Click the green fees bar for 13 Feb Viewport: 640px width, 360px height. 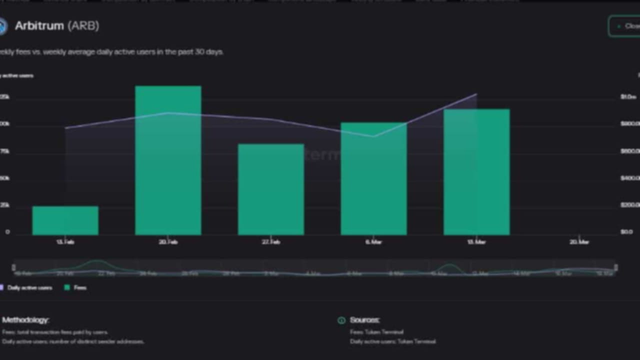pos(65,220)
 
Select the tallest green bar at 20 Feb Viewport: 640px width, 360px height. pos(168,160)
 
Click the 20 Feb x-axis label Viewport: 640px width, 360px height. pos(168,242)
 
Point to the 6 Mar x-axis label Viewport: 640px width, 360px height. pos(373,242)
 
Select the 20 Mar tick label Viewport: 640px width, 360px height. pos(579,242)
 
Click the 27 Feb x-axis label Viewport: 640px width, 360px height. pos(270,242)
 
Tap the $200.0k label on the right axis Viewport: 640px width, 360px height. pos(629,205)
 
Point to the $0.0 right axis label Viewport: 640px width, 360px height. pos(626,232)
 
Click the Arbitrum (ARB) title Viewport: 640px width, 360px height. pos(56,26)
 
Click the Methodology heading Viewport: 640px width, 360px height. pos(25,320)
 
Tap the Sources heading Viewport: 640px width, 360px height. pos(364,320)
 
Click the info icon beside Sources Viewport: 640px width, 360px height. pos(341,320)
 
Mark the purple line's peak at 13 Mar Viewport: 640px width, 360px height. pos(476,94)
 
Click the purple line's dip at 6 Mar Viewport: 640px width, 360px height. pos(373,136)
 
